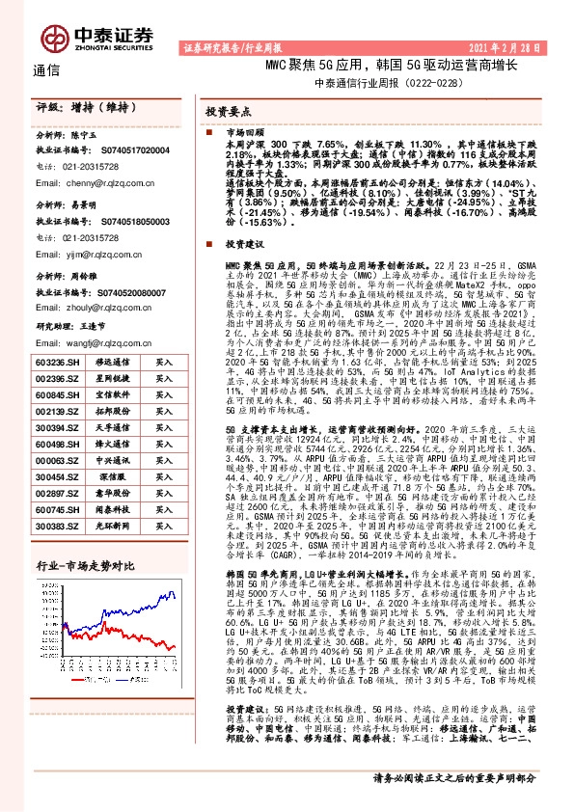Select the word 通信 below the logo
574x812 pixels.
(46, 70)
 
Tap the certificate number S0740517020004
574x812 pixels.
(136, 151)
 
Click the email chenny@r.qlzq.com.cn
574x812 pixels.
(96, 180)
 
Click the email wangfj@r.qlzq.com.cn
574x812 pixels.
(97, 342)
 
